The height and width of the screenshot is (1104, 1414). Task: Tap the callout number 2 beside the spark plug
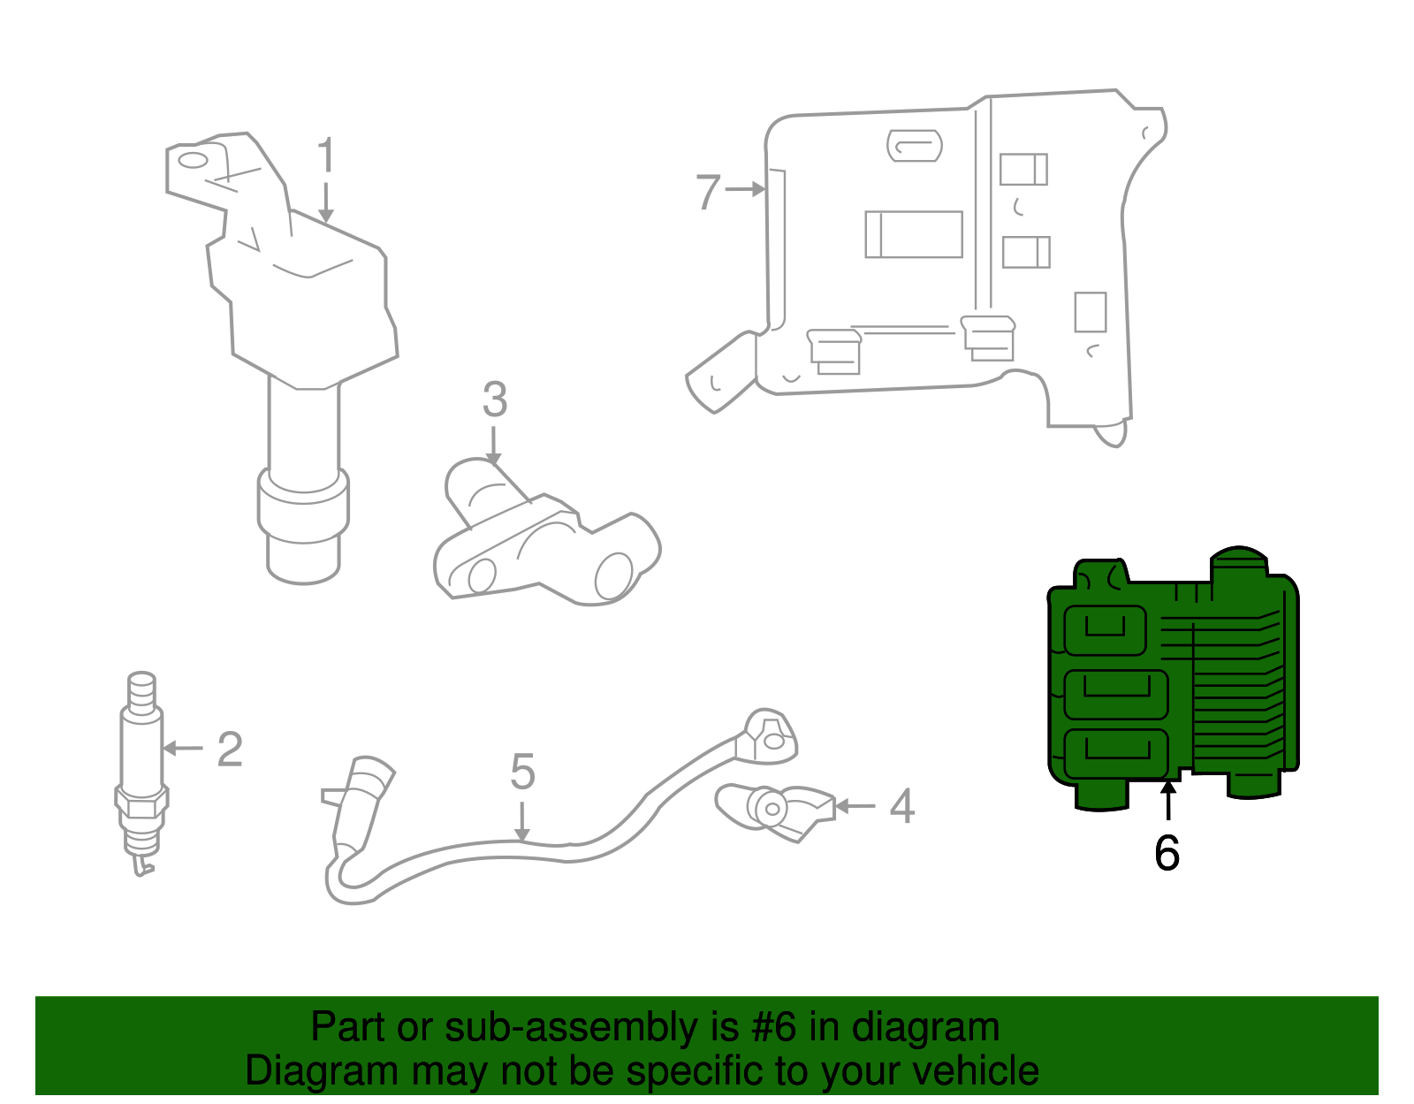(230, 750)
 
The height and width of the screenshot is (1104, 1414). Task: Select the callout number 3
(495, 400)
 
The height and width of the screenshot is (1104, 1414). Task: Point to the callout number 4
(901, 806)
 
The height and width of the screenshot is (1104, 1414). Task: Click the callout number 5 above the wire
(522, 772)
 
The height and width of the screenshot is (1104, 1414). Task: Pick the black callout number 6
(1167, 853)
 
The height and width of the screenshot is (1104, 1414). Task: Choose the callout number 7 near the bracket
(708, 192)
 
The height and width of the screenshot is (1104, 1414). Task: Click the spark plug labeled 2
(141, 769)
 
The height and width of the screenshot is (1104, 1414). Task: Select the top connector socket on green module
(1105, 630)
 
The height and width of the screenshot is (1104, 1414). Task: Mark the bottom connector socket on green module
(1115, 753)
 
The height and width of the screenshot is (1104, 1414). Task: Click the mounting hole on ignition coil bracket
(193, 161)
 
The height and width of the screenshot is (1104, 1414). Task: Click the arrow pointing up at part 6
(1168, 800)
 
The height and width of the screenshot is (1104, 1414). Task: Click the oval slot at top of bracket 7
(915, 146)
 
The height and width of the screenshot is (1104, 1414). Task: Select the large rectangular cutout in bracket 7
(914, 234)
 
